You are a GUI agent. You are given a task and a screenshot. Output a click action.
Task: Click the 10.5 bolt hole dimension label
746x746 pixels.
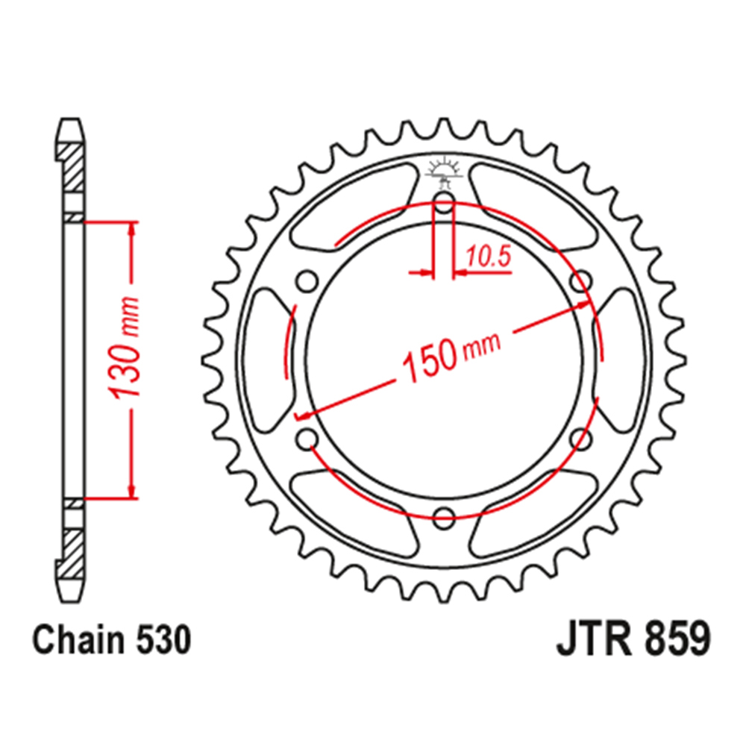pos(488,257)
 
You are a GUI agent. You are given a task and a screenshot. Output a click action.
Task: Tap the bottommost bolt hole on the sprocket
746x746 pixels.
pos(445,515)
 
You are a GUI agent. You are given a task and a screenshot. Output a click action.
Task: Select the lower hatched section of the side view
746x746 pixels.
pos(72,550)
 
